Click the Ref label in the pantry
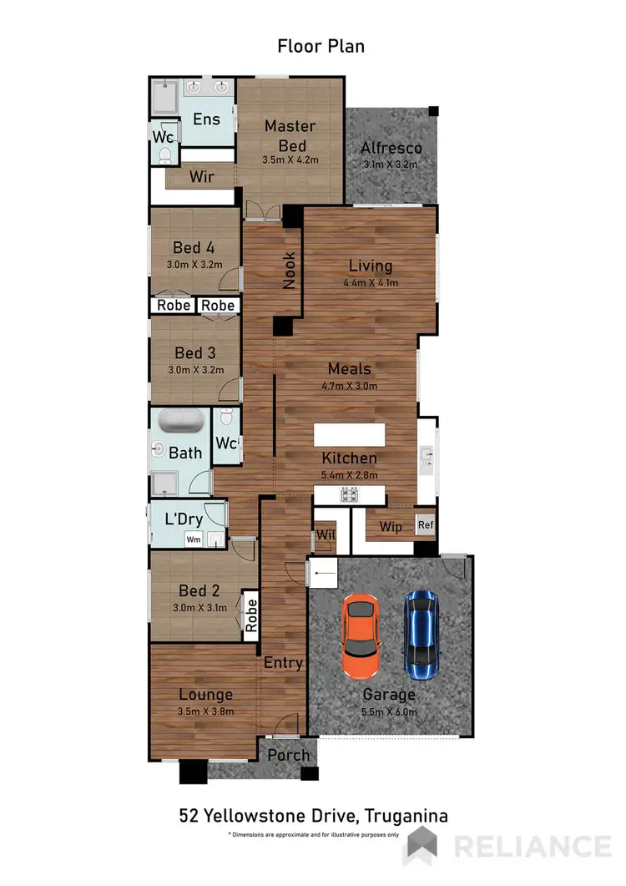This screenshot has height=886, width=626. tap(426, 525)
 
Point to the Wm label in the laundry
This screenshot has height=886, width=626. tap(193, 539)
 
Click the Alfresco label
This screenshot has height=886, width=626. tap(391, 149)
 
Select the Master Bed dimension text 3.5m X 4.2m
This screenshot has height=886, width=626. tap(290, 159)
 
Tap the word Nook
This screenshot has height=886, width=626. tap(290, 271)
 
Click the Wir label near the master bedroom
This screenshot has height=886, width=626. tap(202, 177)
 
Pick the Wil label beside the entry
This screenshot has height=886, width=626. tap(323, 535)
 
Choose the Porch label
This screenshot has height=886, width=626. tap(289, 755)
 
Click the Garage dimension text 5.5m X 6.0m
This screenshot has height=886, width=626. tap(389, 711)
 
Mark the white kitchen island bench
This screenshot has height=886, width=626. tap(350, 436)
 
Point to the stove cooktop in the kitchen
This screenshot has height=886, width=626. tap(350, 495)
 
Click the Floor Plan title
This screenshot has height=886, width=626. tap(321, 46)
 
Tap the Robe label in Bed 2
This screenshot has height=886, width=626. tap(250, 615)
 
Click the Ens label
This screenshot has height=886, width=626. tap(206, 119)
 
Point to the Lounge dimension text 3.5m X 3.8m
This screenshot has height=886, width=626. tap(205, 711)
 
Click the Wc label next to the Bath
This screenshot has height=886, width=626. tap(225, 442)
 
